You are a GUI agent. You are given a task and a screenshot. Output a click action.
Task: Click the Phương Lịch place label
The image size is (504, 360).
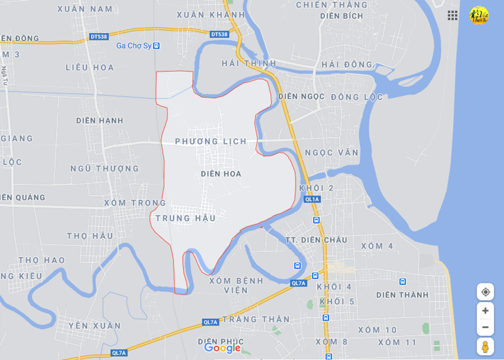coord(210,141)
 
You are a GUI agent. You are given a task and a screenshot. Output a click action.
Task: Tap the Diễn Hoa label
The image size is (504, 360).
coord(221,174)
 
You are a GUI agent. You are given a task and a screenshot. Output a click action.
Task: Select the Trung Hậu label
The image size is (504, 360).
coord(185,218)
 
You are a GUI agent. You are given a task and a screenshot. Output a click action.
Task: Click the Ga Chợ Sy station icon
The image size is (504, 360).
coord(156,45)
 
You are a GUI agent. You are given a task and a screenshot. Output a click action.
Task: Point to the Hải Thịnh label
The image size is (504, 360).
coord(249,64)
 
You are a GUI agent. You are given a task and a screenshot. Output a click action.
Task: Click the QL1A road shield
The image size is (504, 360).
coord(312,199)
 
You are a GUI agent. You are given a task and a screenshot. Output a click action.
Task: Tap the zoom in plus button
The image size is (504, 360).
coord(485,311)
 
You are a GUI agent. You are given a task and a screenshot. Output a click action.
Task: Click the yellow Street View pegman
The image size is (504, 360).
coord(485,346)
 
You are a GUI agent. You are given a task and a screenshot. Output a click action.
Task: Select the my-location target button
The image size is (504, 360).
coord(485,291)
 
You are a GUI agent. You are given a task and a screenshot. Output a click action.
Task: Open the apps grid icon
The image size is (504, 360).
coord(452,15)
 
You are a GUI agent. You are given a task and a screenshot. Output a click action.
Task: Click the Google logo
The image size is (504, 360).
coord(222,348)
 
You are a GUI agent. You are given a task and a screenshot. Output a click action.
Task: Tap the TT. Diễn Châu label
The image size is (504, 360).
coord(316,240)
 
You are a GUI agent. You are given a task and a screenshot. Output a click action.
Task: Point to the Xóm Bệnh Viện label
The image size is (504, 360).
coord(236,285)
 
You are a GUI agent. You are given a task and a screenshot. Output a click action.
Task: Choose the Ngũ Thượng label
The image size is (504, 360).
coord(105,168)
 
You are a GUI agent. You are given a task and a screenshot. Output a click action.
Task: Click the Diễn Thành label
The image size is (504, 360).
coord(402,295)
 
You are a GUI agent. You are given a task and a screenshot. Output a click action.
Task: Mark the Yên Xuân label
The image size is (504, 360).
coord(95,326)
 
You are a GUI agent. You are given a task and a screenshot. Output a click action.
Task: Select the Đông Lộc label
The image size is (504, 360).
coord(357,97)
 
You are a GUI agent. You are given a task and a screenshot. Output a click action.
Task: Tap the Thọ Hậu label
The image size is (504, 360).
coord(90,235)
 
